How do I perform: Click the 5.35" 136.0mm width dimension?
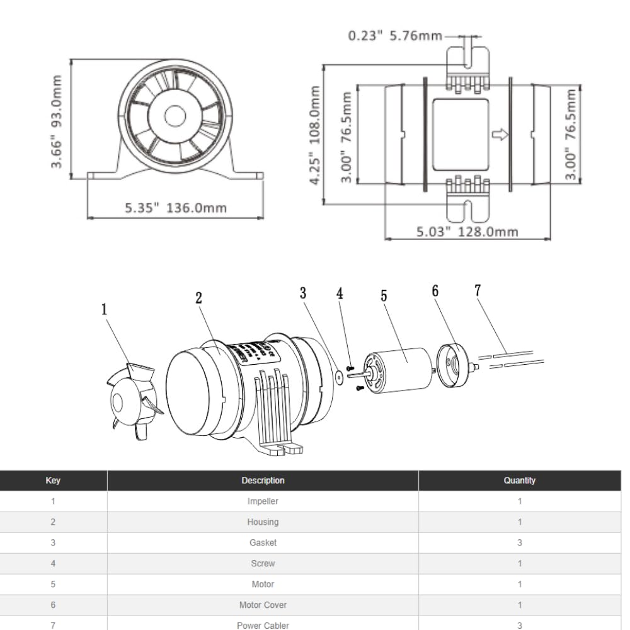pos(175,208)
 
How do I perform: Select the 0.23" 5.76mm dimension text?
pos(395,35)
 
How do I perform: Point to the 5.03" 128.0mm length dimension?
pos(467,231)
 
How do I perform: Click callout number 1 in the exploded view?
pos(104,309)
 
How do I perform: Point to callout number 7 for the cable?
pos(478,290)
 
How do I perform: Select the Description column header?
pos(263,480)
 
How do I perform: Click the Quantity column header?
pos(519,480)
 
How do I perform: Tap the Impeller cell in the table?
pos(263,501)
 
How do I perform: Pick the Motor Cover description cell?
pos(263,605)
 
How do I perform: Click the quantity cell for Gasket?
pos(519,542)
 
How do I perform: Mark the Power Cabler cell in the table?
pos(263,625)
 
